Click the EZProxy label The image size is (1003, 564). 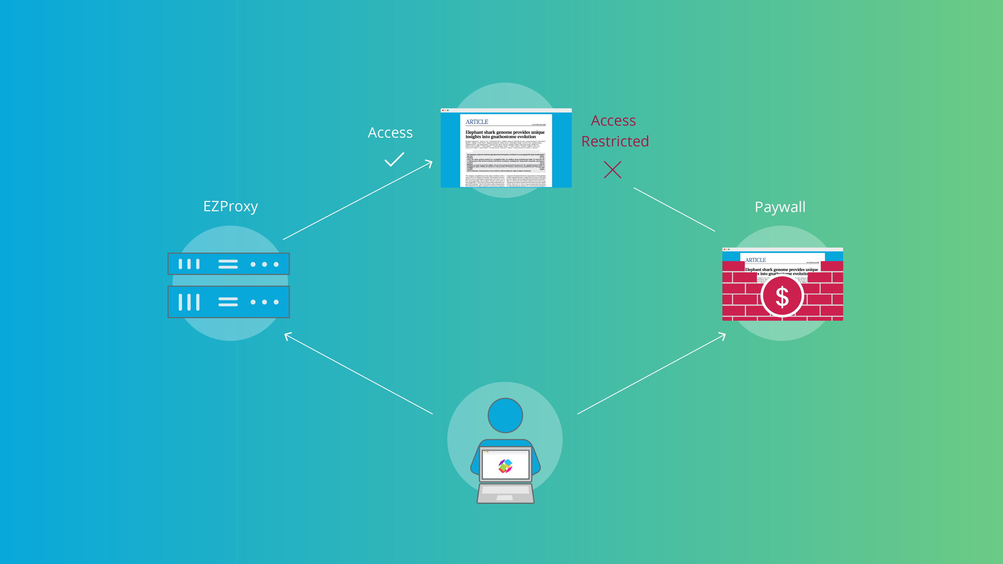point(230,206)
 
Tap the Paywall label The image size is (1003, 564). point(780,207)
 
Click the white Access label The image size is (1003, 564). point(390,133)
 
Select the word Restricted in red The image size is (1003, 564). point(615,141)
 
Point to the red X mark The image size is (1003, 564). point(612,170)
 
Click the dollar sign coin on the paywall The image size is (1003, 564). point(782,297)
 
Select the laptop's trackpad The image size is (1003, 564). point(505,497)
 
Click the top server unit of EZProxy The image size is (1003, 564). point(229,264)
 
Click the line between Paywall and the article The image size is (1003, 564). point(674,209)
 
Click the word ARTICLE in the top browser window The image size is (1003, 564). point(477,122)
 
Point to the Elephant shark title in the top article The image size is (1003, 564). point(505,134)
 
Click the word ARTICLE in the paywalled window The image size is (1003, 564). point(755,260)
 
